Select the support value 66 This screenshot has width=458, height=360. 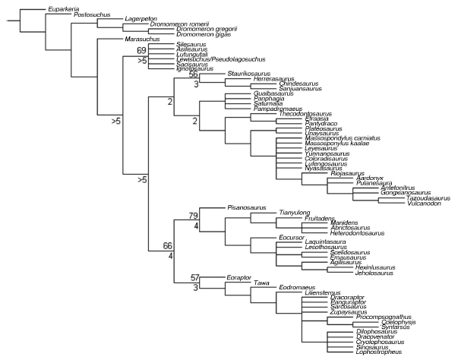tap(169, 245)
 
